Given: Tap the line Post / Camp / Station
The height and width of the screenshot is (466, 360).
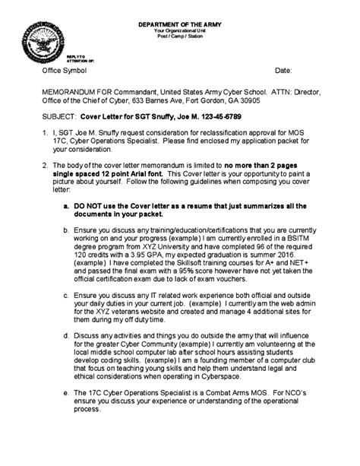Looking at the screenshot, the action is (181, 36).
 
